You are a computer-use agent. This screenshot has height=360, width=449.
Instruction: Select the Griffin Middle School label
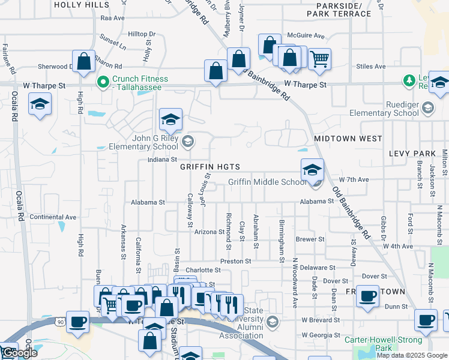[267, 182]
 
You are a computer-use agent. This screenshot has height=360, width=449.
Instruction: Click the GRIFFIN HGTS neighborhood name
[210, 167]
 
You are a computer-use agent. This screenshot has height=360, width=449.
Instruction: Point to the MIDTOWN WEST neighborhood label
[348, 139]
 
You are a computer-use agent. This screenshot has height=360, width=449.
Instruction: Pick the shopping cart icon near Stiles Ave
[320, 58]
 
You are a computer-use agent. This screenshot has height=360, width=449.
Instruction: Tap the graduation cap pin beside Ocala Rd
[40, 104]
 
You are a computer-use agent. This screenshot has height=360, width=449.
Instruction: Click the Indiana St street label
[161, 160]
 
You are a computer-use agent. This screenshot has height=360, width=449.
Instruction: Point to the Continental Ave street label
[53, 217]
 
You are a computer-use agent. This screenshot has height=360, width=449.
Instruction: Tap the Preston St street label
[235, 261]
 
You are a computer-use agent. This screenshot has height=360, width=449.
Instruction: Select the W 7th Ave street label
[354, 179]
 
